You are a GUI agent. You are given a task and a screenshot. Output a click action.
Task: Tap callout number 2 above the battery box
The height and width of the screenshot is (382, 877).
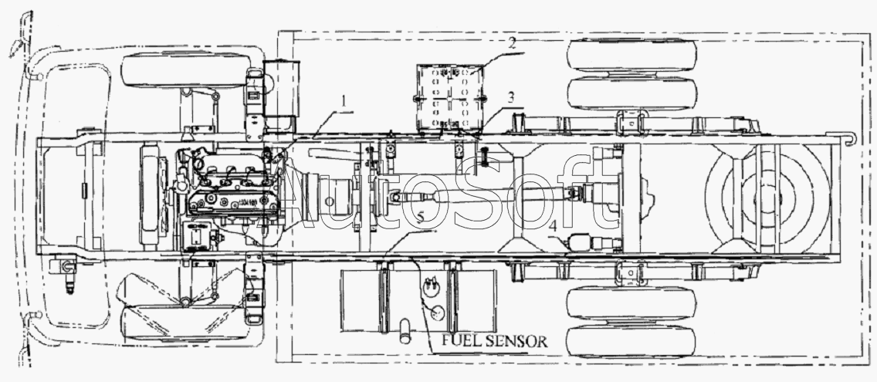512,44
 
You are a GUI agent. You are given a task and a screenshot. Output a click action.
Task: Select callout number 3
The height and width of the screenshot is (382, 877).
511,96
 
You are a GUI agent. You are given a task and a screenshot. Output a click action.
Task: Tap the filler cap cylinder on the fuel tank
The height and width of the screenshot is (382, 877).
405,330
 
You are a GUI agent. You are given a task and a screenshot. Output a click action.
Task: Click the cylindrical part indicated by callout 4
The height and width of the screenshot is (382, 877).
593,243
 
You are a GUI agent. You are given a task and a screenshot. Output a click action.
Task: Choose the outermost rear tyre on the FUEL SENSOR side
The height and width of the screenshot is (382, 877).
631,342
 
